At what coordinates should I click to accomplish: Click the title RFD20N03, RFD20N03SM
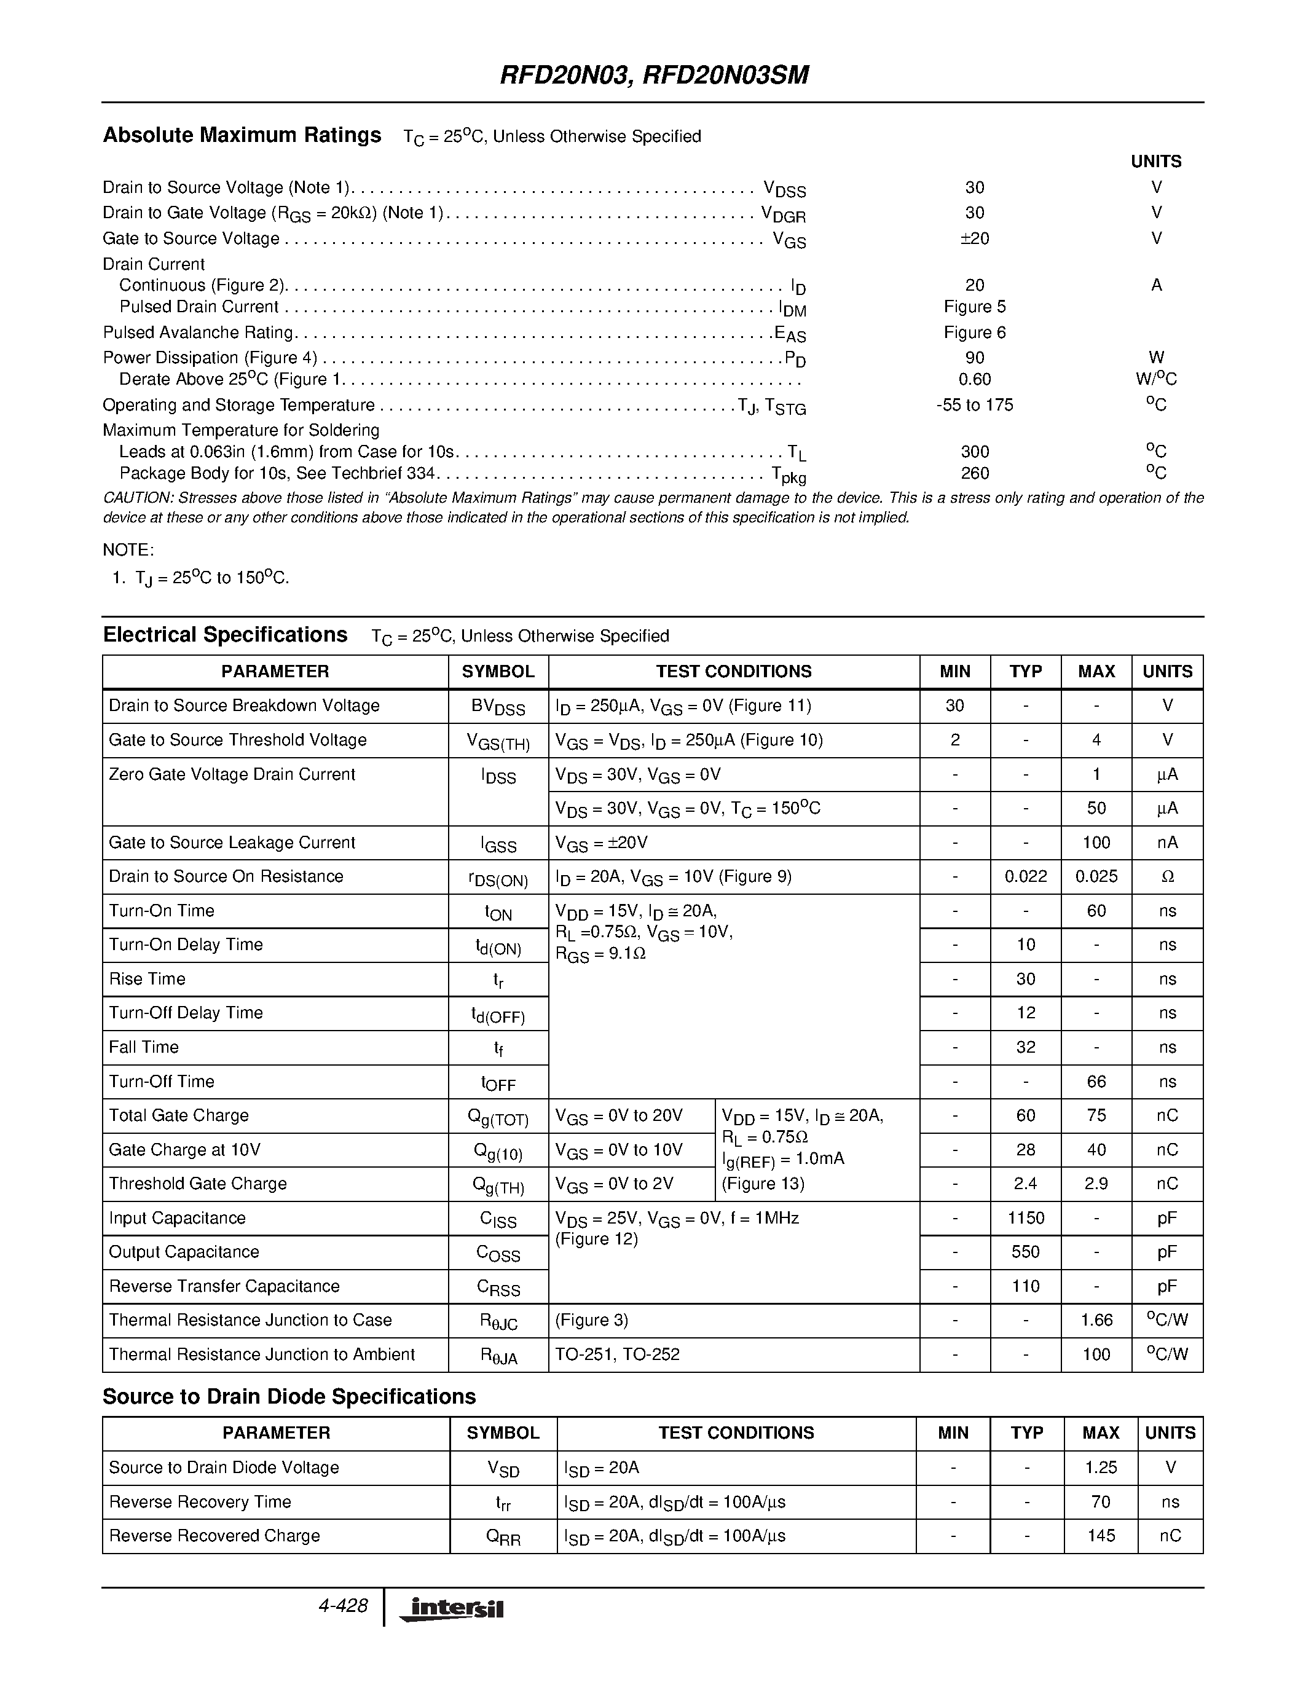tap(654, 75)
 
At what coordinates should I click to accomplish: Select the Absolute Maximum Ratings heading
tap(242, 135)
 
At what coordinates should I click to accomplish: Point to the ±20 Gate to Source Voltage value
tap(974, 238)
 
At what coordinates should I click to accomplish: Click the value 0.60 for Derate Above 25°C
tap(974, 379)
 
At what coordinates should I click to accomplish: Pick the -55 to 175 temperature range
tap(974, 405)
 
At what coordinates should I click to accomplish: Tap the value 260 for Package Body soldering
tap(974, 473)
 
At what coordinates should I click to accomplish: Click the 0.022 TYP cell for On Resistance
tap(1025, 877)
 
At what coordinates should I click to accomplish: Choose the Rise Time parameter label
tap(147, 979)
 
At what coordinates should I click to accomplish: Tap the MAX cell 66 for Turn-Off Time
tap(1096, 1082)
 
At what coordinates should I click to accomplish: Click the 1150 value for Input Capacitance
tap(1025, 1218)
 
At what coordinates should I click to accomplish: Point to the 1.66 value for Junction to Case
tap(1096, 1320)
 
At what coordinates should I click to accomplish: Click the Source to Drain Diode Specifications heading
tap(289, 1397)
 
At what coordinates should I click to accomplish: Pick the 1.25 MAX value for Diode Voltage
tap(1100, 1467)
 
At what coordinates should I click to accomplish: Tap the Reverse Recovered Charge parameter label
tap(214, 1535)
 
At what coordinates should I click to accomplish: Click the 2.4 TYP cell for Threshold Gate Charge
tap(1025, 1184)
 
